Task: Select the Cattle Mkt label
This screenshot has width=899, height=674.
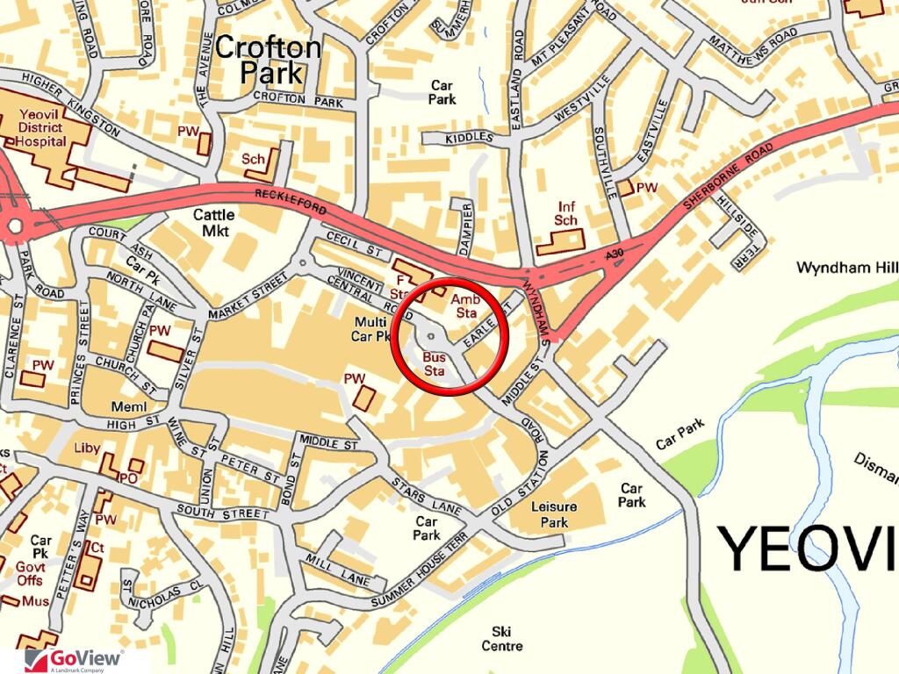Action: tap(214, 222)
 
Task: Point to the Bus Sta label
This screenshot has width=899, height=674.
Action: tap(435, 363)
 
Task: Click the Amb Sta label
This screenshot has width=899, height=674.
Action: tap(464, 306)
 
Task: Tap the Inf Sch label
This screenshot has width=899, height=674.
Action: tap(567, 214)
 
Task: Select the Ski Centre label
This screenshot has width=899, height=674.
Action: tap(502, 638)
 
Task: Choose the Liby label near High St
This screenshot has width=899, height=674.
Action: tap(87, 448)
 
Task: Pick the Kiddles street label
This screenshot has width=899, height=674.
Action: tap(470, 138)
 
